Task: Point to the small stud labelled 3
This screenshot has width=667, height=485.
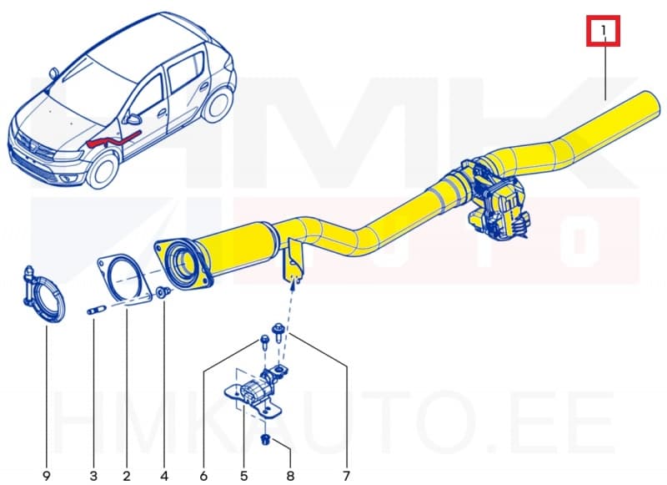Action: point(93,312)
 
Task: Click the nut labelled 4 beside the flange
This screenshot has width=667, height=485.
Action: point(163,292)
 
